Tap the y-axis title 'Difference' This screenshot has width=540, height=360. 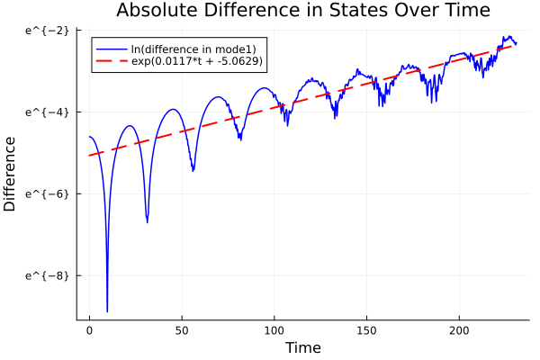(10, 174)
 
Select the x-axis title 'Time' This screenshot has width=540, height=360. (303, 347)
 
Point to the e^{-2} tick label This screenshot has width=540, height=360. (47, 30)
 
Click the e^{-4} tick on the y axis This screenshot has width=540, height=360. (47, 112)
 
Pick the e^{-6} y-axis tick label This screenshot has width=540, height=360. (47, 193)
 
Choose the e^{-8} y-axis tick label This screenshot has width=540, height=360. (47, 275)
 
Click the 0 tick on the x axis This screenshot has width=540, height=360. (89, 331)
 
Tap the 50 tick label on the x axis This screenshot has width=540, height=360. (182, 331)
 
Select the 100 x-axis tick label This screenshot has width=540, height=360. (274, 331)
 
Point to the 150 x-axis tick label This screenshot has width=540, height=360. (367, 331)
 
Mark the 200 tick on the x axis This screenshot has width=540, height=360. (460, 331)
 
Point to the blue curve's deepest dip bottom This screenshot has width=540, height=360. (107, 311)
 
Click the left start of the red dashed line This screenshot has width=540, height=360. (89, 156)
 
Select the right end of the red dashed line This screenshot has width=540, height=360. (516, 44)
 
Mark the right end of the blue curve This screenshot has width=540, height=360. (516, 43)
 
